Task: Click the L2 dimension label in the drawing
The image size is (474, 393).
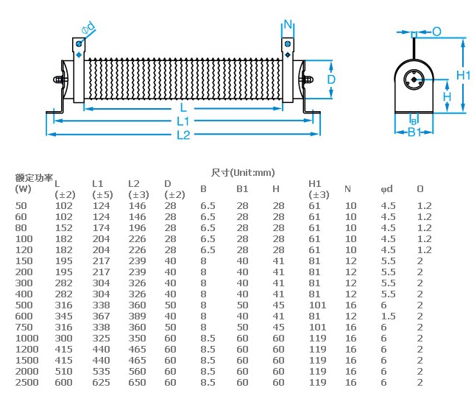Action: [183, 135]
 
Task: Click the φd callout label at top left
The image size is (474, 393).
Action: [88, 28]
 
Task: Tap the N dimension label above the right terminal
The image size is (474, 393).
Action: [288, 24]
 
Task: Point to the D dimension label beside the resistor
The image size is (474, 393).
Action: [331, 79]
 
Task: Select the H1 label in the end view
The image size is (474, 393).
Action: [464, 75]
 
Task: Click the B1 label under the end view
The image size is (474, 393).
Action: [414, 132]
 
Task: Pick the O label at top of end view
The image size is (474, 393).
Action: [436, 32]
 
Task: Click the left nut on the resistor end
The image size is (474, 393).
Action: [59, 79]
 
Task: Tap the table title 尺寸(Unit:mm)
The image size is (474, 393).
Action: [243, 173]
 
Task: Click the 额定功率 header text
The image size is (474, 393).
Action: [34, 178]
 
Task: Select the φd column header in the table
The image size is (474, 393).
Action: [386, 189]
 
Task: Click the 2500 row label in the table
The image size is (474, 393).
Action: [27, 383]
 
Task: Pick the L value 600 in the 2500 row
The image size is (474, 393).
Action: [63, 383]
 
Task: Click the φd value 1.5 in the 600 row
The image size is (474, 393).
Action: [388, 316]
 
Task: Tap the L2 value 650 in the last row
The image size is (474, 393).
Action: [137, 383]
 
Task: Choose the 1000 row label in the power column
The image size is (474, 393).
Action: [27, 339]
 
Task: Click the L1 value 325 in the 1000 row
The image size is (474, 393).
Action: [101, 339]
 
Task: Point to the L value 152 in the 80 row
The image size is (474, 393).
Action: [63, 228]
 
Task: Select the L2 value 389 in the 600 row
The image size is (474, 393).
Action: [137, 316]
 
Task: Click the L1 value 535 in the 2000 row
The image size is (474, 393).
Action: [101, 372]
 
